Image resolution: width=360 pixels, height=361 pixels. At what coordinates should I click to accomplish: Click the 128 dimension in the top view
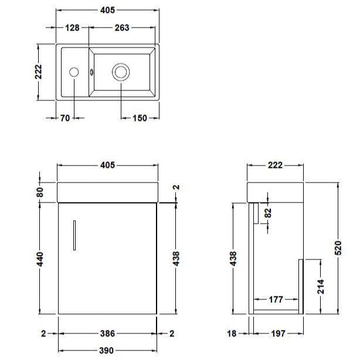coord(73,28)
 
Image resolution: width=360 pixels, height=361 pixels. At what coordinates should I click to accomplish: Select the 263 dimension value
coord(122,28)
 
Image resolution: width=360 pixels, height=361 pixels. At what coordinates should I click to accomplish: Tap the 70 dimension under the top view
coord(64,118)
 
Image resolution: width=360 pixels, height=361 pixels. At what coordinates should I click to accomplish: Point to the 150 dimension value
coord(139,118)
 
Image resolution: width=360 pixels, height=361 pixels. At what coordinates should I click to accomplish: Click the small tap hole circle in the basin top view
coord(74,72)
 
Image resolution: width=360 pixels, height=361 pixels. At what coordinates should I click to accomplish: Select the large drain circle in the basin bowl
coord(121,72)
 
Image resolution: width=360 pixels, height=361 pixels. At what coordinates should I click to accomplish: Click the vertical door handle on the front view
coord(74,235)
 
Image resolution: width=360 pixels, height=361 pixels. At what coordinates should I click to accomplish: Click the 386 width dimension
coord(107,333)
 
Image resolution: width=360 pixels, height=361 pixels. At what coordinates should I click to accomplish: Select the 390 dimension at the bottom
coord(107,350)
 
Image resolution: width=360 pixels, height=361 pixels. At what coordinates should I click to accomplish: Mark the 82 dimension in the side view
coord(269,212)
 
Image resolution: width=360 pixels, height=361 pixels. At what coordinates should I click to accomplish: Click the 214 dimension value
coord(321,287)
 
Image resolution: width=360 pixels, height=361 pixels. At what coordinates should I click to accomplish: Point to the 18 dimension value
coord(232,333)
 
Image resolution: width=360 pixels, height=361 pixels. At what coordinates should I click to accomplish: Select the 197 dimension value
coord(277,333)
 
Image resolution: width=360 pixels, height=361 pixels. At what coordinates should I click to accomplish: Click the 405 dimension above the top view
coord(107,11)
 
